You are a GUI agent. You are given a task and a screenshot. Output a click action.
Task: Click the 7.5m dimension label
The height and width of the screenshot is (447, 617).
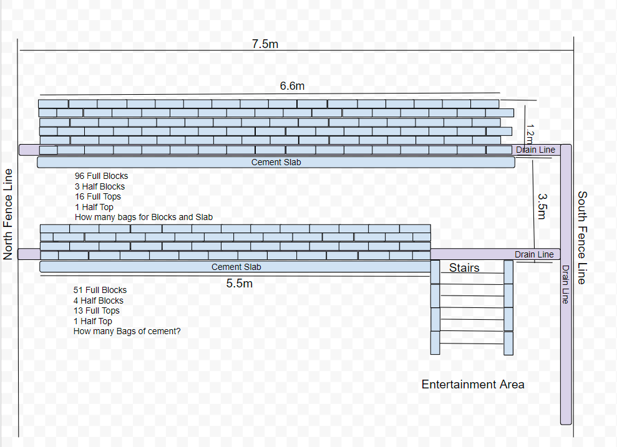[265, 44]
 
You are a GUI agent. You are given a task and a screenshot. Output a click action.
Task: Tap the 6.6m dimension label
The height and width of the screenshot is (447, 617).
[292, 86]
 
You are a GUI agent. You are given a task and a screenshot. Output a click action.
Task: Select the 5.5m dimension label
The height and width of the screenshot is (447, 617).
[240, 284]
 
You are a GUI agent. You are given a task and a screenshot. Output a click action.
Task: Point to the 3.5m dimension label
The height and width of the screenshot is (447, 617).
[542, 205]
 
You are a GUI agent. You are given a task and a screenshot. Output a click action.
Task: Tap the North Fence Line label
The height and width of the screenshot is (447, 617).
[8, 214]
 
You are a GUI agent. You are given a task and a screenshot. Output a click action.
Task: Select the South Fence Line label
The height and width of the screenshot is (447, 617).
[581, 237]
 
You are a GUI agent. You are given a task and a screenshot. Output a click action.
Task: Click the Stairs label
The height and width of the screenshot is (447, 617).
[464, 267]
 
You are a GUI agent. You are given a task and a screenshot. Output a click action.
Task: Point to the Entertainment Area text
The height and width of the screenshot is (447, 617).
[473, 384]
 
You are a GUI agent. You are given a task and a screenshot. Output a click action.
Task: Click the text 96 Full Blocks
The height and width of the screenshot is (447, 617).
[101, 176]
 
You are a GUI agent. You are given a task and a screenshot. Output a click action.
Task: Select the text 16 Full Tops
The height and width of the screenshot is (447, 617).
[98, 196]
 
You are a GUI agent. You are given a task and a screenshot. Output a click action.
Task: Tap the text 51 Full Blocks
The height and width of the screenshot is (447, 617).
[100, 290]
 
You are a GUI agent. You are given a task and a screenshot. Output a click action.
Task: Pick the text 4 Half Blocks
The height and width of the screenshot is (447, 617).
[99, 300]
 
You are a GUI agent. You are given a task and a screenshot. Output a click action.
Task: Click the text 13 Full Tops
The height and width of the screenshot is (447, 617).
[96, 310]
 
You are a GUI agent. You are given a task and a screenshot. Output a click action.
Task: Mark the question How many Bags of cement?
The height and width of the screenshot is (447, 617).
[127, 331]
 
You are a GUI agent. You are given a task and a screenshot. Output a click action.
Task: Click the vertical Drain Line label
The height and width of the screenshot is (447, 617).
[566, 284]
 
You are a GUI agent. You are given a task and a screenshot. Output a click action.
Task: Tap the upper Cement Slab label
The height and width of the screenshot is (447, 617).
[276, 162]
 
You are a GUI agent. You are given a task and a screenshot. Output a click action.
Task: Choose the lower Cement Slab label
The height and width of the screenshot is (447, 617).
[236, 267]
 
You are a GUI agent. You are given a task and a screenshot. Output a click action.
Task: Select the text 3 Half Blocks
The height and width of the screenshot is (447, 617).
[100, 186]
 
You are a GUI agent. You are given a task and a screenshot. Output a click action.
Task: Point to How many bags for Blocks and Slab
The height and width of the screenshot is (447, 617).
[143, 217]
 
